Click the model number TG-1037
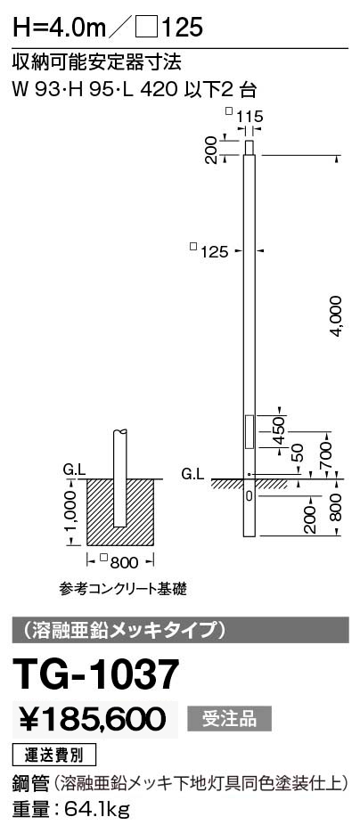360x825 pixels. click(x=95, y=675)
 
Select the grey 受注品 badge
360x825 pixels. click(x=230, y=719)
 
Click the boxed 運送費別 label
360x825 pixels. click(x=54, y=756)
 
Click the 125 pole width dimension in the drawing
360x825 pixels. click(x=214, y=252)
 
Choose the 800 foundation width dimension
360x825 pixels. click(x=124, y=562)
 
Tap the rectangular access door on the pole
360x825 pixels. click(x=249, y=430)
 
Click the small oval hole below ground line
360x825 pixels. click(x=249, y=495)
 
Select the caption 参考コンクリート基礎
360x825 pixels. click(x=123, y=588)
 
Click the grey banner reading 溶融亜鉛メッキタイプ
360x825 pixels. click(x=181, y=629)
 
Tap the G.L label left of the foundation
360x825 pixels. click(x=74, y=470)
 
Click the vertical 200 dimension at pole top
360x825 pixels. click(x=211, y=150)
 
